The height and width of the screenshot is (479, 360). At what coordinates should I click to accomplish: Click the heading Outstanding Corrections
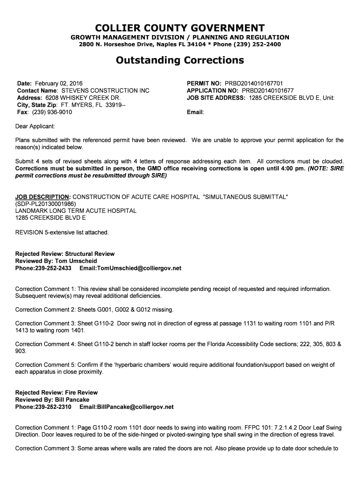pos(180,60)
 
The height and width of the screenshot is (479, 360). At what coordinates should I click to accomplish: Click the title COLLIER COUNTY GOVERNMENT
pos(180,28)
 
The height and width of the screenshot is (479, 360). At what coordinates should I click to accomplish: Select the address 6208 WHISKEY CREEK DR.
pos(83,98)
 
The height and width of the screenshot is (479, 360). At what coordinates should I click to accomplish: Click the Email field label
pos(195,113)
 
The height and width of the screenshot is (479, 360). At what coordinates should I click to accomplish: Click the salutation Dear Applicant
pos(35,126)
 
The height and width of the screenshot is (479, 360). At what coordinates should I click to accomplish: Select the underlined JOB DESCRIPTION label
pos(43,197)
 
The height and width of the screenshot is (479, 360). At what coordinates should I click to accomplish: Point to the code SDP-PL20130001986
pos(45,204)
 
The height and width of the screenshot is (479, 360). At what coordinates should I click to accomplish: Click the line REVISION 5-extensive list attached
pos(62,232)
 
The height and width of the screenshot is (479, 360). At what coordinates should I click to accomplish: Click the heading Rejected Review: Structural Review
pos(65,254)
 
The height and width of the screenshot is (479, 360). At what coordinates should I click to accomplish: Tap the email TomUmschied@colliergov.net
pos(138,269)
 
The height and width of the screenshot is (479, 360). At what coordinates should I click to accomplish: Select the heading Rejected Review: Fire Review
pos(57,392)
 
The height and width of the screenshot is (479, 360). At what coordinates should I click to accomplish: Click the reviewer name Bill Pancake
pos(72,400)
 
